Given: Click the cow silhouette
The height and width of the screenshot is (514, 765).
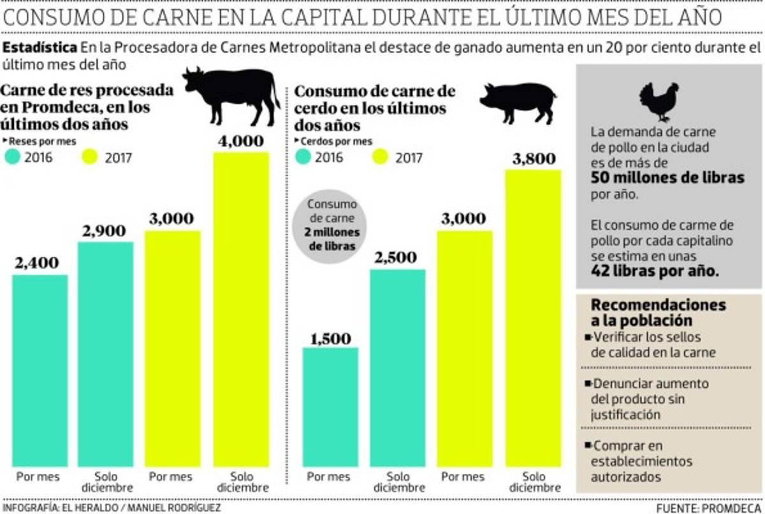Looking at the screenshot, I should pos(232,94).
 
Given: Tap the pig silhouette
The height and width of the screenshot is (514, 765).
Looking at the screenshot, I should pos(518,101).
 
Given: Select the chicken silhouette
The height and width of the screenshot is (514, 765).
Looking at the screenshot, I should pos(659,101).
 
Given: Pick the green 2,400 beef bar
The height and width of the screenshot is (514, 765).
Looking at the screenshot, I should pos(40,369).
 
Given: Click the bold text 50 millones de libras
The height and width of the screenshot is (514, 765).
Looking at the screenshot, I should pos(667,178).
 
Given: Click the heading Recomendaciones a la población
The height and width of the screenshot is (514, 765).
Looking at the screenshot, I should pos(658,312).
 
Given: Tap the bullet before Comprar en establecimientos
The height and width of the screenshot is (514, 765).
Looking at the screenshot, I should pos(587,446).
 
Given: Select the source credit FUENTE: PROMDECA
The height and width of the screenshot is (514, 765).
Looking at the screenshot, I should pos(708,508).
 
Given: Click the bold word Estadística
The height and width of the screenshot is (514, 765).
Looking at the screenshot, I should pos(40,47).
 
